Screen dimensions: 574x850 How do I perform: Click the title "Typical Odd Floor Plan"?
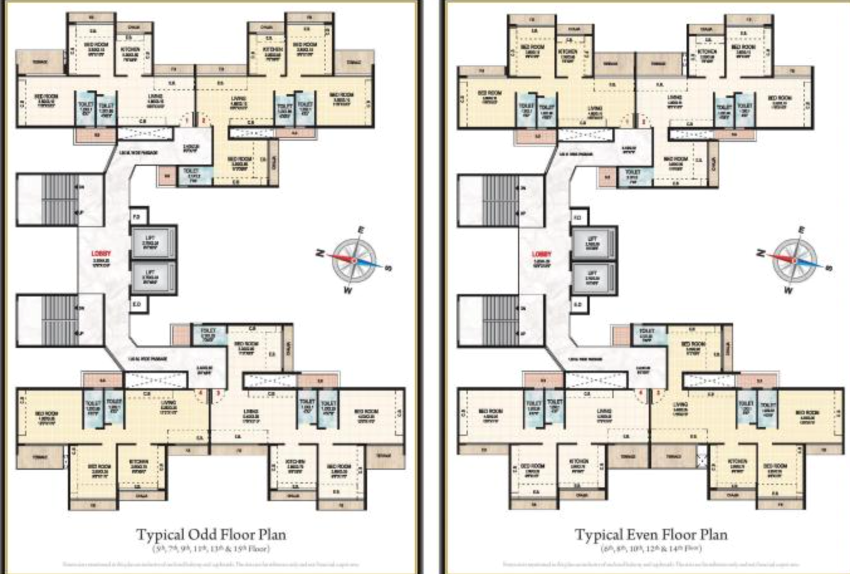point(211,535)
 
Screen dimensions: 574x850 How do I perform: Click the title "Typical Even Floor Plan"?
point(651,535)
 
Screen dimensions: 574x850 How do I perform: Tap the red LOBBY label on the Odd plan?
point(101,253)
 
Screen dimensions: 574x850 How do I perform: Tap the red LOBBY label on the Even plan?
point(541,254)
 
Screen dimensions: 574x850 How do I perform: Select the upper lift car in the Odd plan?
point(150,243)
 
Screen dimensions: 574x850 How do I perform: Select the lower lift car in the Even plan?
point(592,277)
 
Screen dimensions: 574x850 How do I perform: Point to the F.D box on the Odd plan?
point(136,217)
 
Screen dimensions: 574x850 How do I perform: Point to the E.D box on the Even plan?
point(577,305)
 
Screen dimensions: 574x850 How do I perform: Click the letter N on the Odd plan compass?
point(320,252)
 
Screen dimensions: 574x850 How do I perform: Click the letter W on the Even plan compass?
point(788,290)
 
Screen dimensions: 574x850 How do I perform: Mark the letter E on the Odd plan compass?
point(361,230)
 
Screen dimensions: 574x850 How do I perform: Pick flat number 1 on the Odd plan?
point(186,119)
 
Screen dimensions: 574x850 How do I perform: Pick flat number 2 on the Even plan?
point(644,120)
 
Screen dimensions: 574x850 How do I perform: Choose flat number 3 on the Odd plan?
point(218,394)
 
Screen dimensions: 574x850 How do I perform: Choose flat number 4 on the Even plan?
point(641,394)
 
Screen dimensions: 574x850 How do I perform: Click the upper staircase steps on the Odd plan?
point(61,200)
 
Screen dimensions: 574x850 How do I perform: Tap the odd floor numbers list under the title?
point(211,548)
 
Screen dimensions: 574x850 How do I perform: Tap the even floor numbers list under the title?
point(651,548)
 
